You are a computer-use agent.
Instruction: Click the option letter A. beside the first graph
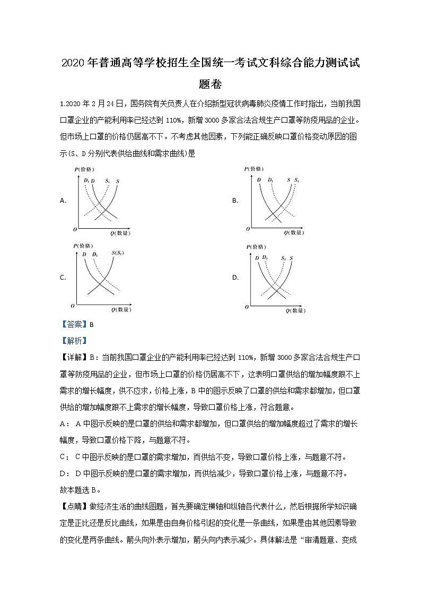tap(63, 201)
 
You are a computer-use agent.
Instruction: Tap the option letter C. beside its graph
tap(63, 278)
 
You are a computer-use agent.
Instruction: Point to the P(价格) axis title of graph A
tap(84, 169)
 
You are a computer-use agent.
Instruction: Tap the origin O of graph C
tap(73, 306)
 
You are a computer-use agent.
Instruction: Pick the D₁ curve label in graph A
tap(86, 180)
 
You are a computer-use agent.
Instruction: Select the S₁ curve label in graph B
tap(297, 180)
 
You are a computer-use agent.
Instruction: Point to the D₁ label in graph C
tap(95, 254)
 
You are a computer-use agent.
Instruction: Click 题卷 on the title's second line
tap(210, 84)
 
